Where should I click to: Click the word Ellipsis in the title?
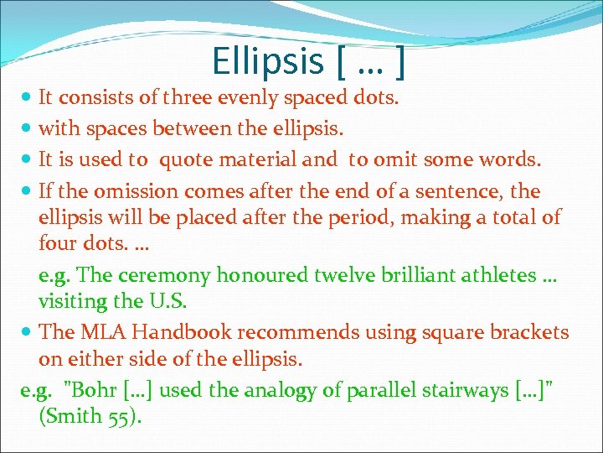(266, 61)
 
